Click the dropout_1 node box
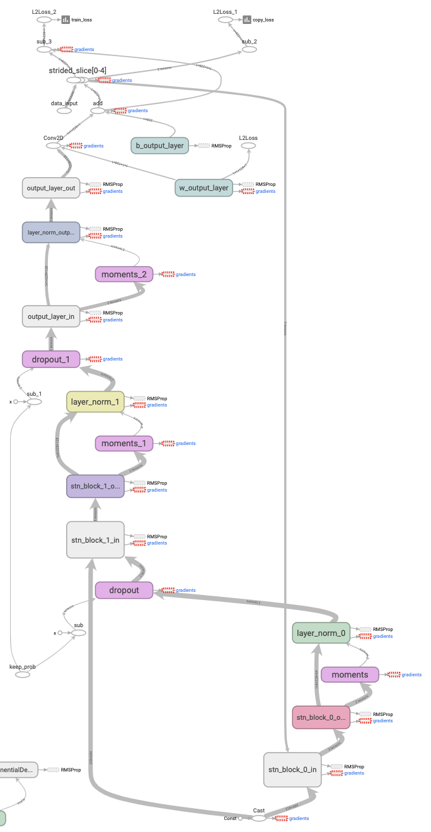pos(51,359)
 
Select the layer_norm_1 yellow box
pos(95,402)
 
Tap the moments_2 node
pos(124,274)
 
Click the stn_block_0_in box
pos(292,770)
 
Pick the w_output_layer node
pos(204,187)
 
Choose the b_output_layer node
pos(159,146)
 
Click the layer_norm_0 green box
pos(321,633)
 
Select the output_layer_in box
pos(50,316)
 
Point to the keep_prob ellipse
pos(23,674)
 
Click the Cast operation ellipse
pos(259,818)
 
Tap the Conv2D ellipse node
pos(54,146)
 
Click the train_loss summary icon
pos(66,20)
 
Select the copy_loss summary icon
pos(247,20)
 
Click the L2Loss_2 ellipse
pos(44,20)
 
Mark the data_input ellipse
pos(64,110)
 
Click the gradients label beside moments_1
pos(186,443)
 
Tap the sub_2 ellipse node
pos(250,49)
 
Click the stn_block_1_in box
pos(95,540)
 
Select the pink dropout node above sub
pos(124,590)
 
